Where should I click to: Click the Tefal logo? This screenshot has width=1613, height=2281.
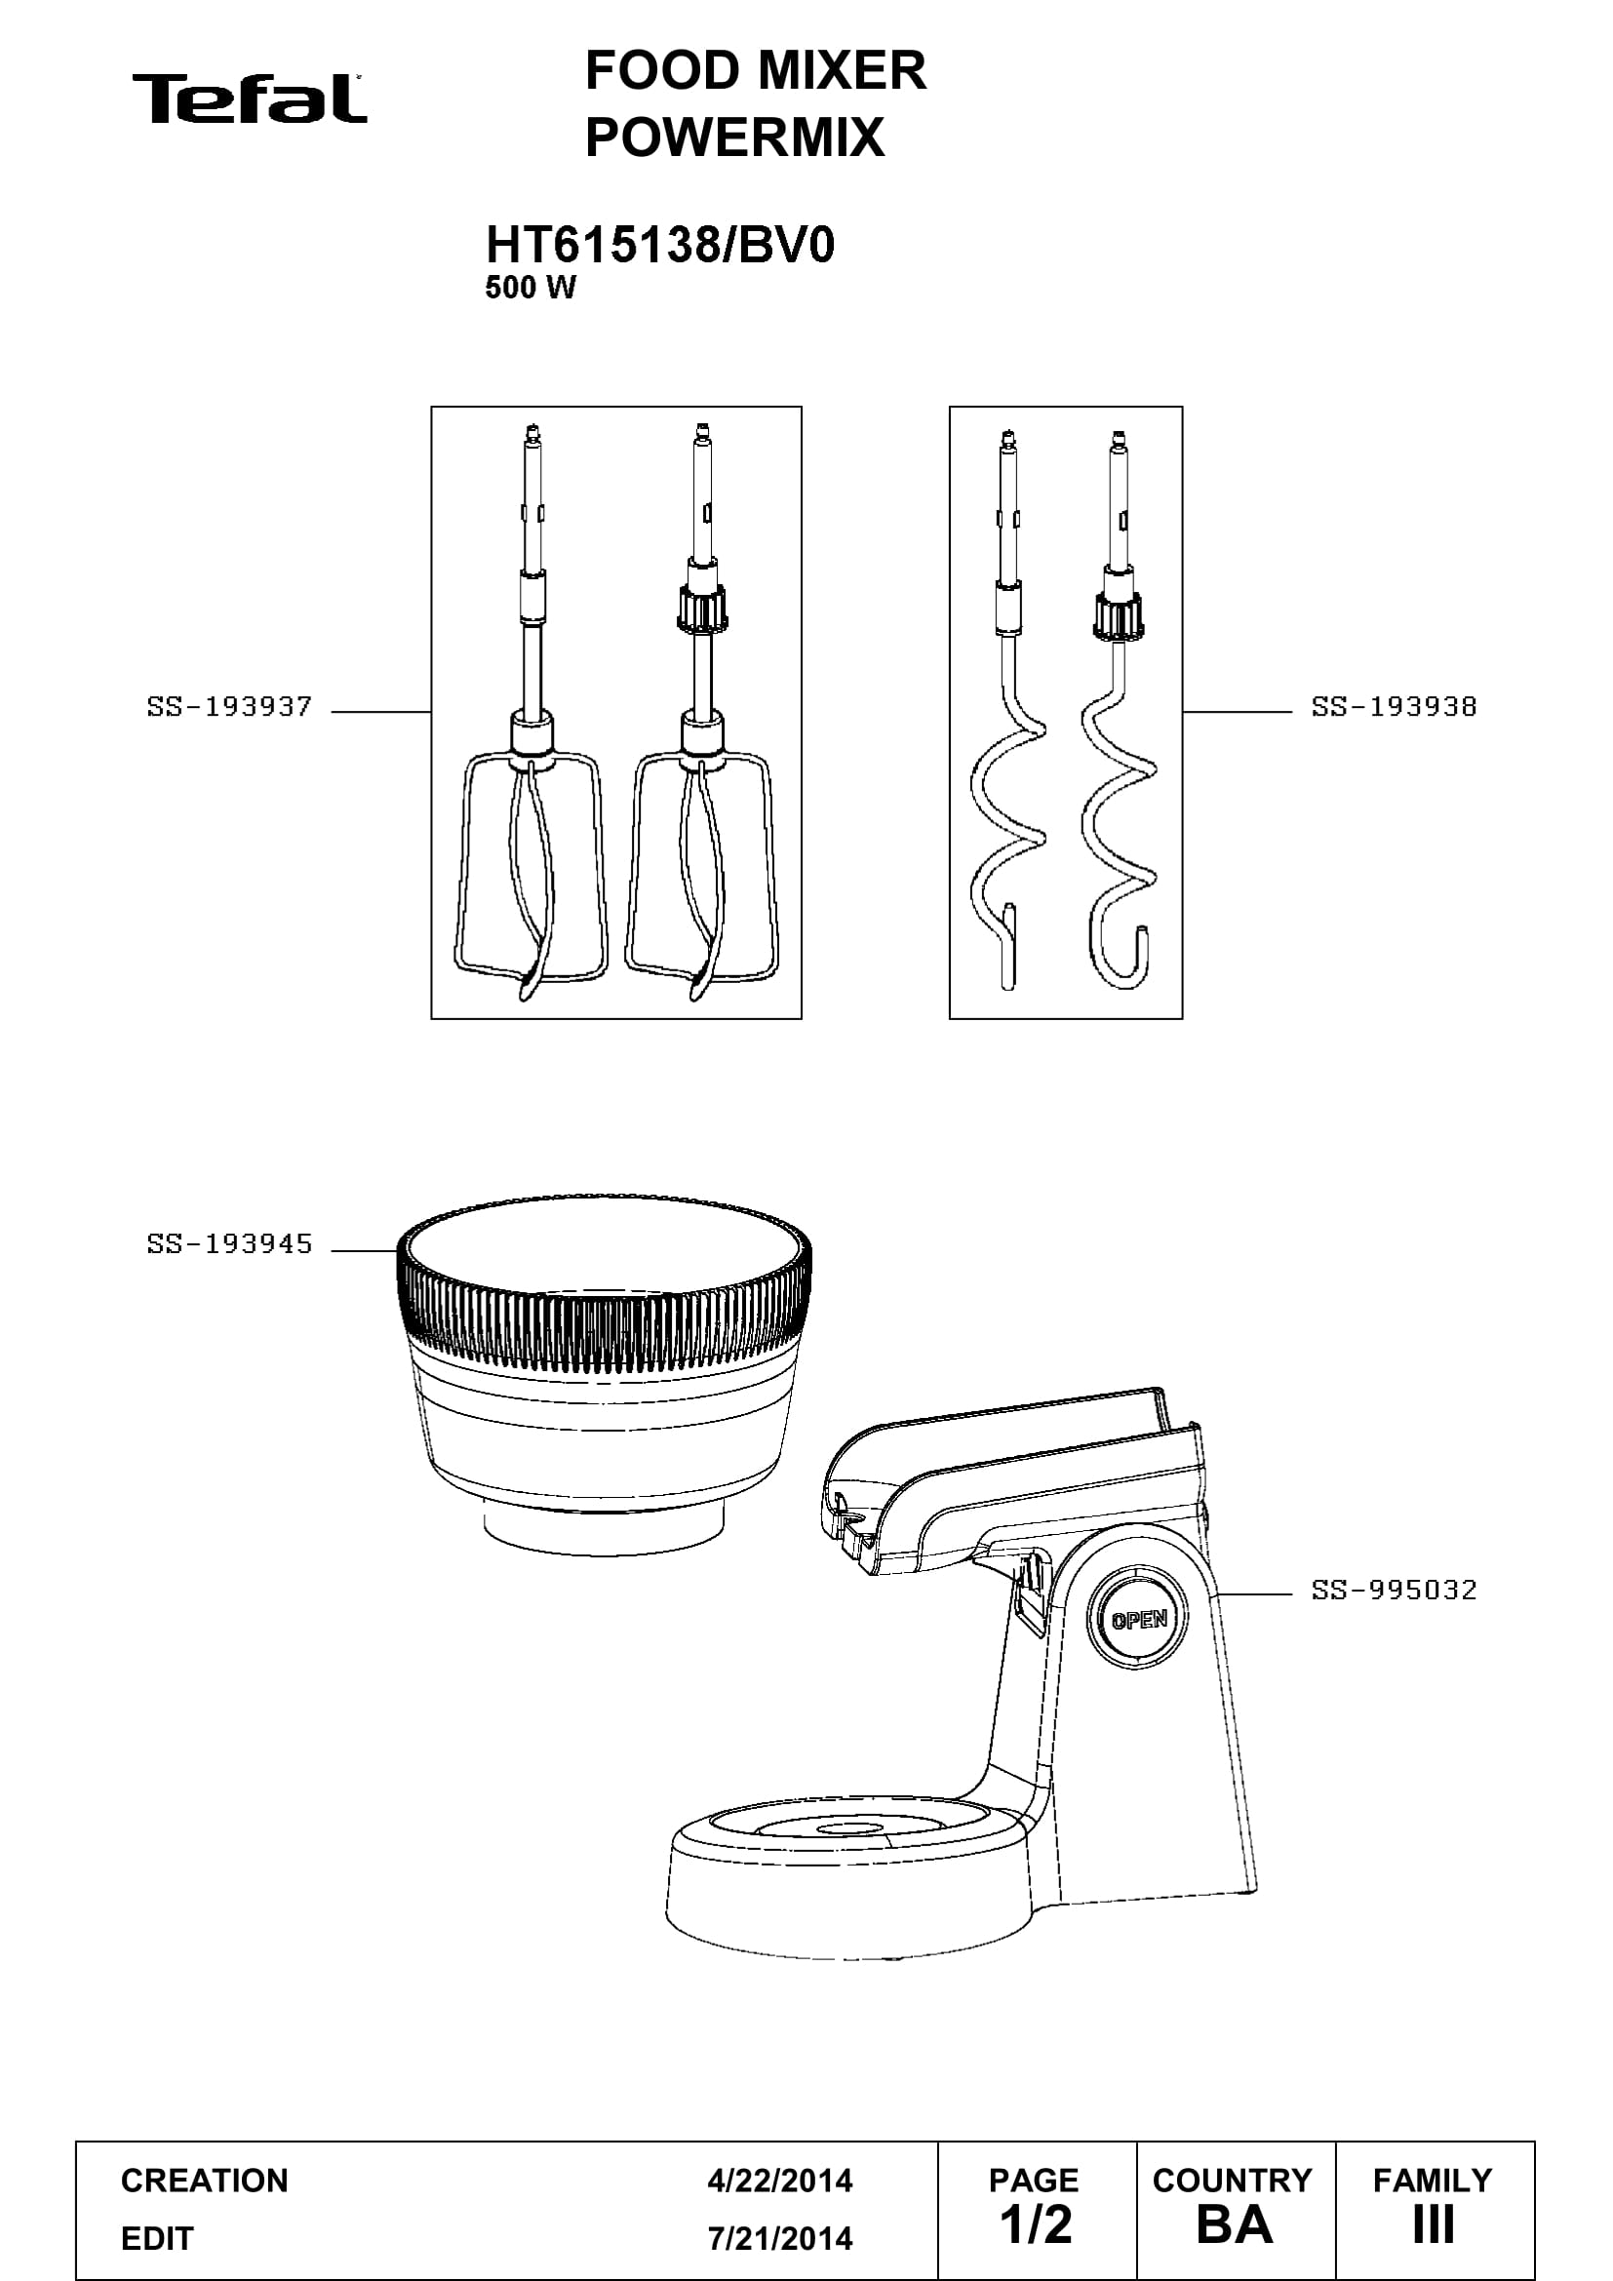pyautogui.click(x=250, y=98)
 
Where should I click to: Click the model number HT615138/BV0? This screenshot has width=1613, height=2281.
pyautogui.click(x=659, y=245)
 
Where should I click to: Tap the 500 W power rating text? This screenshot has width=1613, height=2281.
pyautogui.click(x=531, y=288)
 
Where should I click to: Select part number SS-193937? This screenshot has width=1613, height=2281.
pyautogui.click(x=229, y=707)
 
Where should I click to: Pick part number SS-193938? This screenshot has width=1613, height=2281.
pyautogui.click(x=1394, y=707)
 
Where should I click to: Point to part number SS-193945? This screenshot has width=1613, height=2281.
pyautogui.click(x=229, y=1243)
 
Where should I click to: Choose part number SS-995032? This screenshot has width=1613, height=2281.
pyautogui.click(x=1394, y=1590)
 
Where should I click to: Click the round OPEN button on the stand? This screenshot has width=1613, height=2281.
pyautogui.click(x=1138, y=1620)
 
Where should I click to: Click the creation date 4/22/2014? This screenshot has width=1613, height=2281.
pyautogui.click(x=780, y=2181)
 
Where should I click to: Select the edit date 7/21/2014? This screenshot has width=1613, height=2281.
pyautogui.click(x=780, y=2238)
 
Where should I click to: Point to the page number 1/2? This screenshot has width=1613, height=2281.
pyautogui.click(x=1037, y=2224)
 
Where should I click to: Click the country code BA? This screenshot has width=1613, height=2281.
pyautogui.click(x=1234, y=2224)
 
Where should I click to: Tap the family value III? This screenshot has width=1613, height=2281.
pyautogui.click(x=1434, y=2224)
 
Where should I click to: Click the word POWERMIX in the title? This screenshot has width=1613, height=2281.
pyautogui.click(x=735, y=138)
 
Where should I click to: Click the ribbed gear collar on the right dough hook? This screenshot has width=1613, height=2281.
pyautogui.click(x=1120, y=616)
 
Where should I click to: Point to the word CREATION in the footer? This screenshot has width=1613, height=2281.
pyautogui.click(x=205, y=2181)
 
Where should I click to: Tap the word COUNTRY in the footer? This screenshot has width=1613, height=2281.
pyautogui.click(x=1233, y=2181)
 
